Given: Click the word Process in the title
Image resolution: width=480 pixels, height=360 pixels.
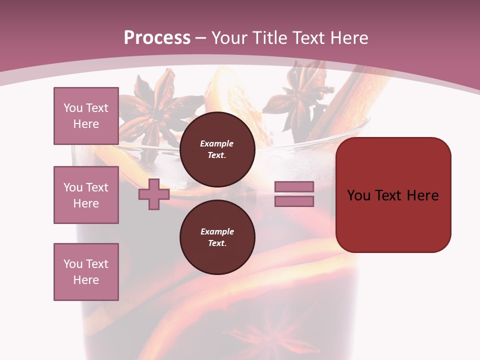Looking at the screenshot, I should [x=157, y=38].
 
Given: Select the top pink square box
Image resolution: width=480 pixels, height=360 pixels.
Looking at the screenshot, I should [x=86, y=116].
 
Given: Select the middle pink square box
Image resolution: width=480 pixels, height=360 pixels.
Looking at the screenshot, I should [x=86, y=195].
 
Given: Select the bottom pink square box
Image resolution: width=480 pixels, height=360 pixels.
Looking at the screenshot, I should [x=86, y=272].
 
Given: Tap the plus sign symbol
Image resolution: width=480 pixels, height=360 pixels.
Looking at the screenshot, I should [x=154, y=194].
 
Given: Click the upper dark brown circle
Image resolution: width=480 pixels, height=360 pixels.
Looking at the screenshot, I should [x=217, y=149].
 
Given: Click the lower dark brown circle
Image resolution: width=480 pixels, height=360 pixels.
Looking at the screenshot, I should [x=217, y=237].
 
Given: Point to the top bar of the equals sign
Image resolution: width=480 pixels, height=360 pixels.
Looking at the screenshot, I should [x=294, y=186].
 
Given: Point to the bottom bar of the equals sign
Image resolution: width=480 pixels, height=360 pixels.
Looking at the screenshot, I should [x=294, y=201].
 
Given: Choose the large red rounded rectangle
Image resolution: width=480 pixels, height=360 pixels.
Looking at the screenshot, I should [x=393, y=195].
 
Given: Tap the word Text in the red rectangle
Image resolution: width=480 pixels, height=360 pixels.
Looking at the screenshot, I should [x=392, y=195].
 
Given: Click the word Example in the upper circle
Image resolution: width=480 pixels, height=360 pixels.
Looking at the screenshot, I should [x=217, y=143].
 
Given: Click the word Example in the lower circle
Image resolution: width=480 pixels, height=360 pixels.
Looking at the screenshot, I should [x=217, y=231].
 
